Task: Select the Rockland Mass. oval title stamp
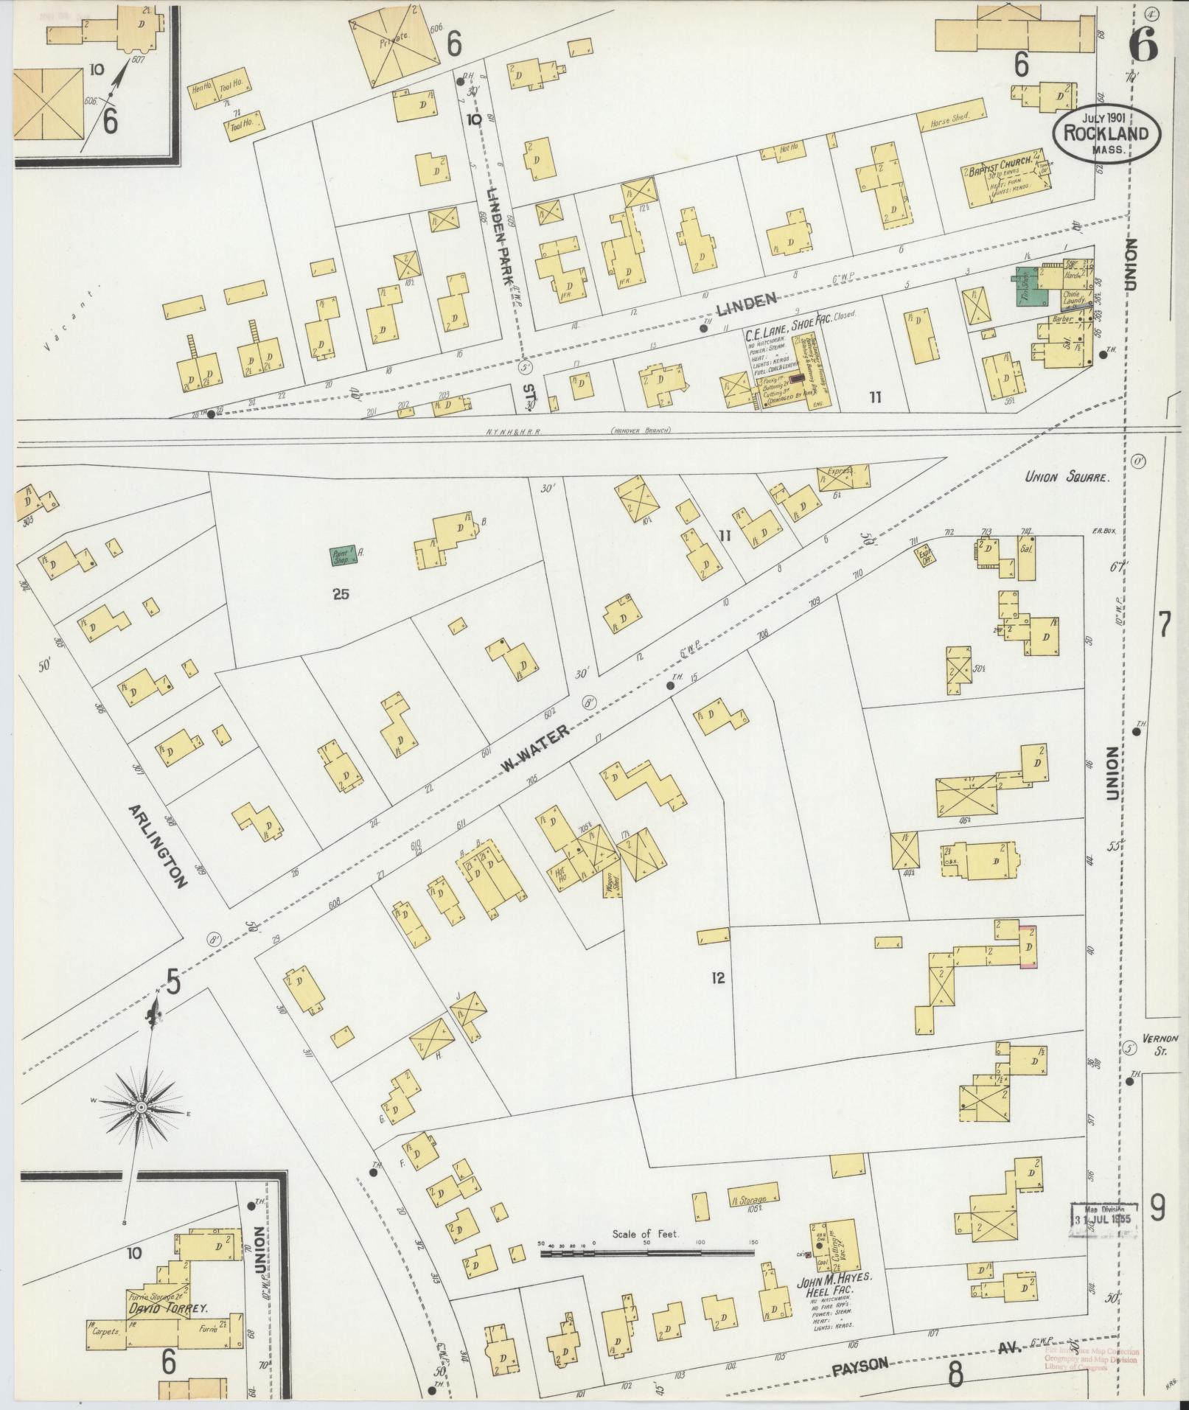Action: click(x=1105, y=133)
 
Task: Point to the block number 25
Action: click(x=340, y=594)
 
